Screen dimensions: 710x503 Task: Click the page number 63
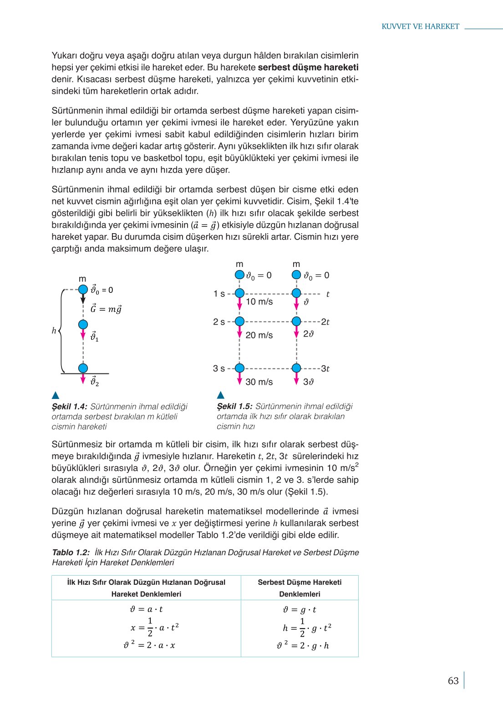pyautogui.click(x=453, y=681)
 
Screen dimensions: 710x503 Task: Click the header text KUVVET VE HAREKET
pyautogui.click(x=420, y=26)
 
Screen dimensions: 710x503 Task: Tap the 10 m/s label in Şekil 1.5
pyautogui.click(x=259, y=302)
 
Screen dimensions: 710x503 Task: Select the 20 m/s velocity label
pyautogui.click(x=259, y=335)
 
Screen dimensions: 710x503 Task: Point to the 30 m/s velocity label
pyautogui.click(x=259, y=382)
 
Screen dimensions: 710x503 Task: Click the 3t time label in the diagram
pyautogui.click(x=325, y=368)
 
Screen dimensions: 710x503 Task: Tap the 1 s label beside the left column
pyautogui.click(x=219, y=294)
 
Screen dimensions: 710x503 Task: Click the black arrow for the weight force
pyautogui.click(x=83, y=299)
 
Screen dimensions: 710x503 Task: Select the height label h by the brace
pyautogui.click(x=54, y=331)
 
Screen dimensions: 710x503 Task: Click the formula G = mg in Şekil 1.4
pyautogui.click(x=106, y=309)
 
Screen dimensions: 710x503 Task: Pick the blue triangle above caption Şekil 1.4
pyautogui.click(x=56, y=395)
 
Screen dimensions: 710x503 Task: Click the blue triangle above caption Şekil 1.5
pyautogui.click(x=221, y=395)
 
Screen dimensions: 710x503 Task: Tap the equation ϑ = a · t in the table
pyautogui.click(x=146, y=609)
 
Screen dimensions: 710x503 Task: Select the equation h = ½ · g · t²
pyautogui.click(x=307, y=628)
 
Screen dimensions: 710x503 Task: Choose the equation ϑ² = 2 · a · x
pyautogui.click(x=149, y=645)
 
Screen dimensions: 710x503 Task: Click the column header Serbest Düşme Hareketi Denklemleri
pyautogui.click(x=300, y=588)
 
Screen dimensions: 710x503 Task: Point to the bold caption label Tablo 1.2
pyautogui.click(x=71, y=552)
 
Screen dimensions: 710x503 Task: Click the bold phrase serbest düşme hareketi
pyautogui.click(x=308, y=67)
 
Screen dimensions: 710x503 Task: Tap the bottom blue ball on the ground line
pyautogui.click(x=83, y=368)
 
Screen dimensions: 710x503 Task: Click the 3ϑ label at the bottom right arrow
pyautogui.click(x=309, y=382)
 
